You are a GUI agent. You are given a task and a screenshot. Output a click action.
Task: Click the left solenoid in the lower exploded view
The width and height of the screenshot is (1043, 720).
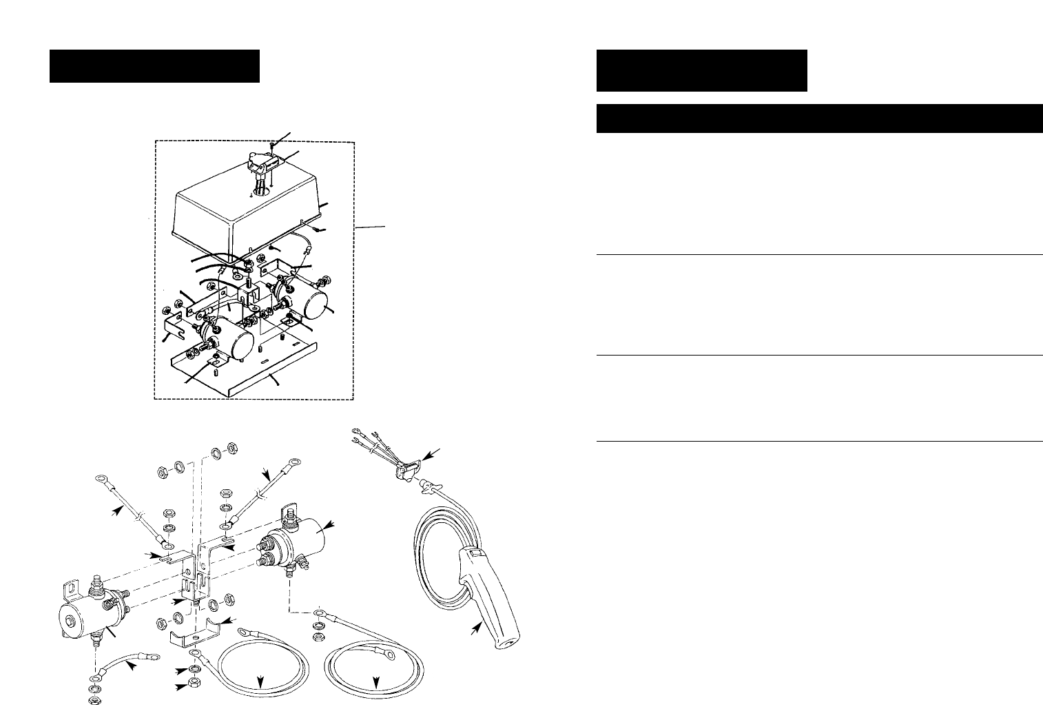pyautogui.click(x=86, y=606)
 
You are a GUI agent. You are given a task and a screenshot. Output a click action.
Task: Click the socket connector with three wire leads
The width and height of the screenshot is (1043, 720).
pyautogui.click(x=403, y=469)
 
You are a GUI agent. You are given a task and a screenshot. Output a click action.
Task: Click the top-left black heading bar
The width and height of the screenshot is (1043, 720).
pyautogui.click(x=154, y=65)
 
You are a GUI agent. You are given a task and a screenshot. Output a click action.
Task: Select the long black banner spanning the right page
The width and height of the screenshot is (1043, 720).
pyautogui.click(x=818, y=118)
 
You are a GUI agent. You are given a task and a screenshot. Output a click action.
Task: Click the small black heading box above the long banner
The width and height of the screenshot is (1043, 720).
pyautogui.click(x=701, y=70)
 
